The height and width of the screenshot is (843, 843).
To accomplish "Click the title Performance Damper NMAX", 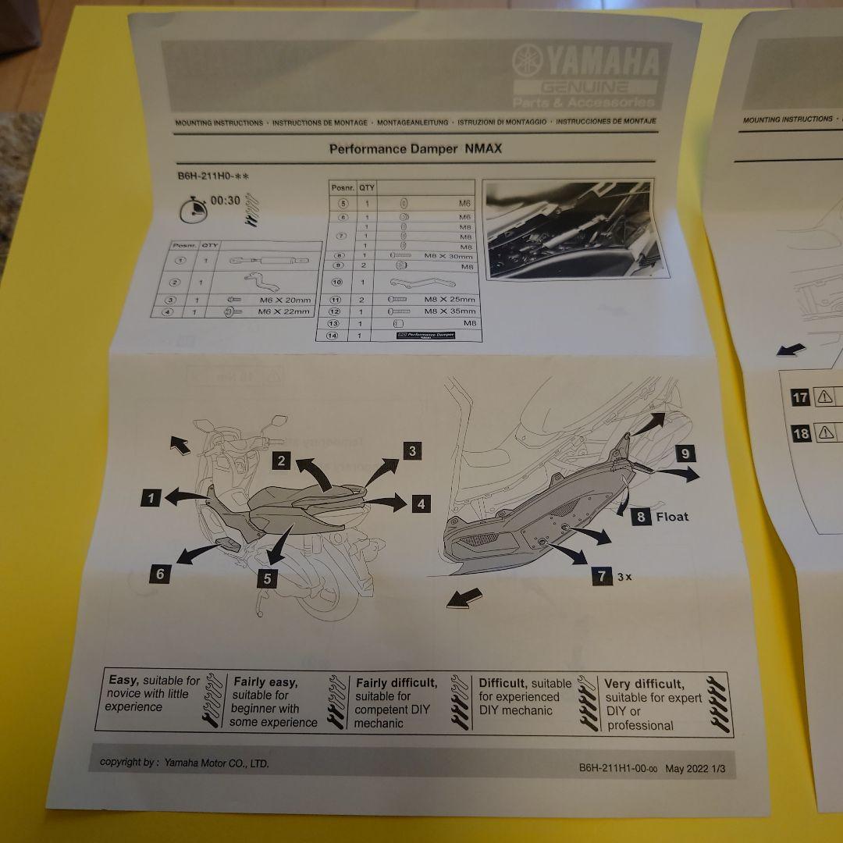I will pyautogui.click(x=414, y=148).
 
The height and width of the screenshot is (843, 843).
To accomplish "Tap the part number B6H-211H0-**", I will pyautogui.click(x=212, y=176).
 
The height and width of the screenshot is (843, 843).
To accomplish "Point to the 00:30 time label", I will pyautogui.click(x=225, y=201).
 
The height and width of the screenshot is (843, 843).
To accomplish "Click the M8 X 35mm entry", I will pyautogui.click(x=449, y=311).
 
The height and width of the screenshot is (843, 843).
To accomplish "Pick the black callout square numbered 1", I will pyautogui.click(x=151, y=496).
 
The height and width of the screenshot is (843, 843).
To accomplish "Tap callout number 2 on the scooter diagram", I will pyautogui.click(x=283, y=461).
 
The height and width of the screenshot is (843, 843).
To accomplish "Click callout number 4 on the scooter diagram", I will pyautogui.click(x=421, y=503).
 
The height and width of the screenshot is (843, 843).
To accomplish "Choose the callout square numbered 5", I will pyautogui.click(x=267, y=578).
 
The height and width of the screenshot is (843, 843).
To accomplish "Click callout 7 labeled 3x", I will pyautogui.click(x=601, y=576).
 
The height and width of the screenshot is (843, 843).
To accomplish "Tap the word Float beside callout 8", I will pyautogui.click(x=672, y=516).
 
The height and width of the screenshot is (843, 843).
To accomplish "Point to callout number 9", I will pyautogui.click(x=684, y=453).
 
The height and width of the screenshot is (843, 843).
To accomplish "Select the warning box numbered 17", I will pyautogui.click(x=800, y=397).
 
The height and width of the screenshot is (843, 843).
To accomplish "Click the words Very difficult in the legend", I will pyautogui.click(x=644, y=684).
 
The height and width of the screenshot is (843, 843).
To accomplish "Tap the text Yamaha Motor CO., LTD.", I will pyautogui.click(x=216, y=763).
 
